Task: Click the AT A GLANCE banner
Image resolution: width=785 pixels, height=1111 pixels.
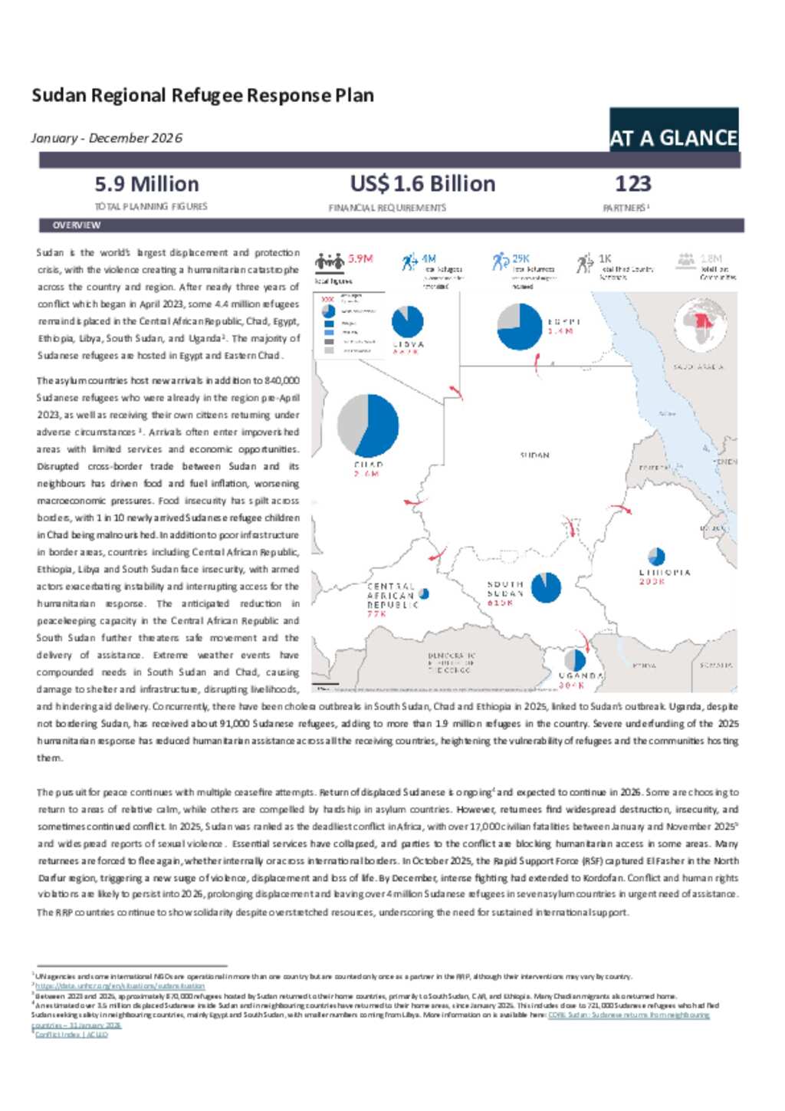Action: (x=673, y=137)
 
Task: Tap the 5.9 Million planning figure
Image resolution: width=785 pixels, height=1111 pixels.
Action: (x=146, y=184)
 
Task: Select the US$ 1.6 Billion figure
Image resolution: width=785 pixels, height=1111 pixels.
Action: (x=422, y=184)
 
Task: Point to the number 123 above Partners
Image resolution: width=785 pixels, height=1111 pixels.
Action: (x=632, y=184)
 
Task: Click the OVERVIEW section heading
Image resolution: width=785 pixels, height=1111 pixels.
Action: (x=77, y=225)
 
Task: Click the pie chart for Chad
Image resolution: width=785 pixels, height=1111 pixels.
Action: (x=368, y=426)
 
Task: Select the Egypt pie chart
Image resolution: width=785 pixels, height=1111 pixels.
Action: (x=520, y=327)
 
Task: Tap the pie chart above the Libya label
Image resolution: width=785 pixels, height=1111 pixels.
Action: (x=407, y=321)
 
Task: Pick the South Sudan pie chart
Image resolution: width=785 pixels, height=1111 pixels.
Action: (x=546, y=587)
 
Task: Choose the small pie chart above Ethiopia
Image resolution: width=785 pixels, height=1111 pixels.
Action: (x=656, y=557)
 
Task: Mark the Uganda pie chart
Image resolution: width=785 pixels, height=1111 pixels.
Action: (x=574, y=660)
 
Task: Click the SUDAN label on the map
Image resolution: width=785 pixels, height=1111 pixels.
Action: (x=534, y=455)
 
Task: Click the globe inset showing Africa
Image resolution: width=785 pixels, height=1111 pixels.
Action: (x=700, y=324)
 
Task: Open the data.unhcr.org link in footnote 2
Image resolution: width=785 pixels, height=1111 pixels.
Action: (x=120, y=986)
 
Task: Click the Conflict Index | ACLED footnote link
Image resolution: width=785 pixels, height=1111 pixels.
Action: (x=71, y=1034)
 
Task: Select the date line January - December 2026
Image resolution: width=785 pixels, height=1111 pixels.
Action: (x=107, y=138)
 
